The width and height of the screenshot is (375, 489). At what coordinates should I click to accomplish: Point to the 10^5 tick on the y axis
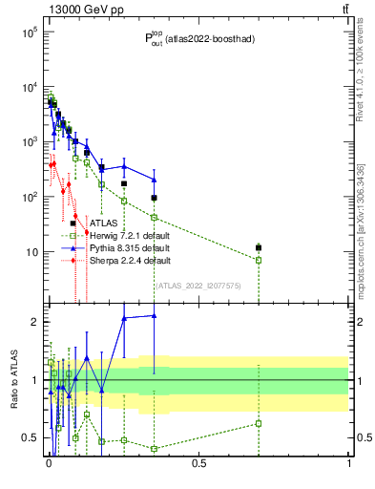tap(29, 32)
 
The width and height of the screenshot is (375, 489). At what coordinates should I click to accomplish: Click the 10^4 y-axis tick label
tap(29, 87)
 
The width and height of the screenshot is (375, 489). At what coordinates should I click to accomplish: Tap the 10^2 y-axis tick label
tap(29, 197)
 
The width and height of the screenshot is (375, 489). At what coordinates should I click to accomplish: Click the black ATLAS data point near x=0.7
tap(258, 247)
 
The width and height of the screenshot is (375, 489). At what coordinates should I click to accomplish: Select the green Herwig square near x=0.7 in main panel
tap(258, 260)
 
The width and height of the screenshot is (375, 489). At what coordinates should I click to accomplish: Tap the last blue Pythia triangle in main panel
tap(154, 180)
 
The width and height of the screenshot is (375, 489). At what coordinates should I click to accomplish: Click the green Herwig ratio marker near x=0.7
tap(258, 423)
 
